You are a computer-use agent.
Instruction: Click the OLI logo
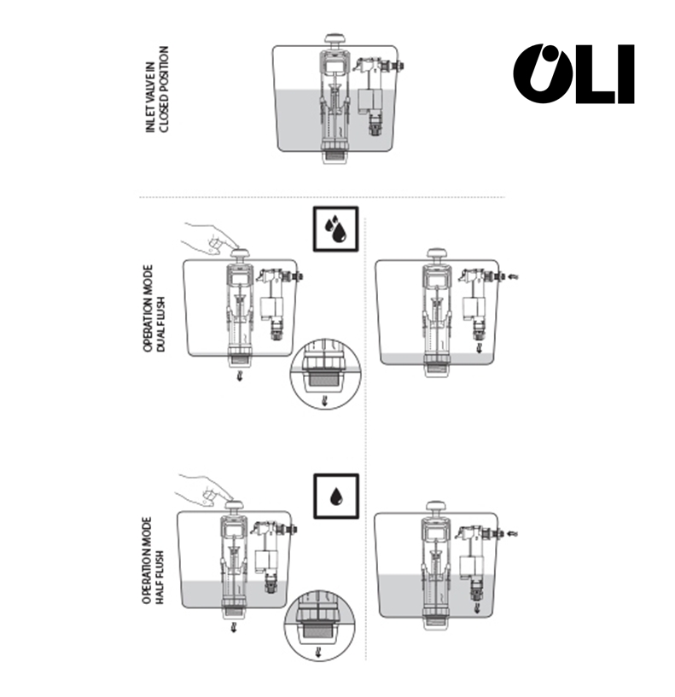click(573, 73)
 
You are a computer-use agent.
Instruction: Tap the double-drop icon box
click(335, 229)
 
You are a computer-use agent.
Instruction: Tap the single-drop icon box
click(336, 496)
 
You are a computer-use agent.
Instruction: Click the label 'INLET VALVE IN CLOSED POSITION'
click(157, 89)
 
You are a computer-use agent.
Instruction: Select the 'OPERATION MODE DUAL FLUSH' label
click(154, 309)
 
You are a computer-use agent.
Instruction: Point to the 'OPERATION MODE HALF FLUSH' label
click(153, 561)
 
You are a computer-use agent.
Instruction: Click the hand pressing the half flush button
click(204, 491)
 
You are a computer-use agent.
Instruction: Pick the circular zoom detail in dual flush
click(325, 374)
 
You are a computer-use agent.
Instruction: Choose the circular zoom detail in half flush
click(320, 625)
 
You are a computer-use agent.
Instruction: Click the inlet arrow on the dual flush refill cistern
click(513, 277)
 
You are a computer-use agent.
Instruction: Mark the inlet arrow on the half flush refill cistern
click(512, 533)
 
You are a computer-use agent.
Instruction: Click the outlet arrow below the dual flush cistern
click(240, 375)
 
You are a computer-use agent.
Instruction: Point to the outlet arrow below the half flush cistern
click(234, 628)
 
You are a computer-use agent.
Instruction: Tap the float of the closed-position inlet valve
click(370, 102)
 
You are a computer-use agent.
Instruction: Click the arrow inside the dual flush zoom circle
click(325, 400)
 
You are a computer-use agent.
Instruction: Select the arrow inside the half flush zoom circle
click(318, 653)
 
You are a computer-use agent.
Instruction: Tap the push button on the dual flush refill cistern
click(437, 254)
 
